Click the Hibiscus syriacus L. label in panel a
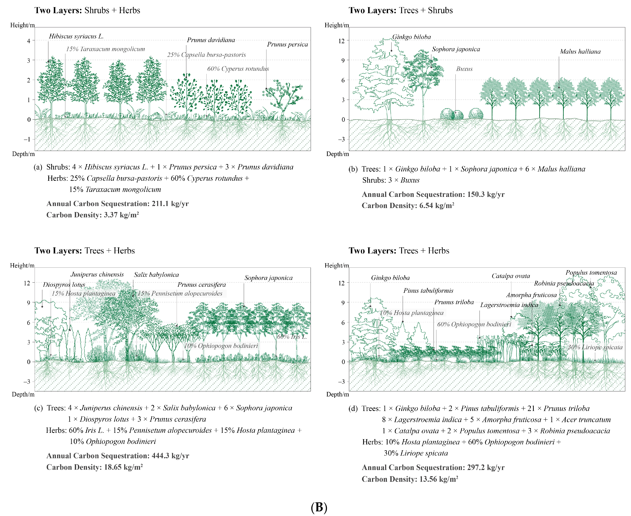pyautogui.click(x=76, y=36)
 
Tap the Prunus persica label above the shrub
pyautogui.click(x=287, y=44)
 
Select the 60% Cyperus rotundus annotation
pyautogui.click(x=238, y=69)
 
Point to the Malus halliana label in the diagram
pyautogui.click(x=580, y=51)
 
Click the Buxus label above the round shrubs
pyautogui.click(x=464, y=69)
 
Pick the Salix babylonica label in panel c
pyautogui.click(x=156, y=275)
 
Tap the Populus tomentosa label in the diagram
pyautogui.click(x=591, y=273)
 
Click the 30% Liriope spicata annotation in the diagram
pyautogui.click(x=595, y=347)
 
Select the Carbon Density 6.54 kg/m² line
pyautogui.click(x=408, y=206)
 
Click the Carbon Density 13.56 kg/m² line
pyautogui.click(x=410, y=479)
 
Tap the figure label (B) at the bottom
pyautogui.click(x=319, y=507)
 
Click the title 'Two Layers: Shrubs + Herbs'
pyautogui.click(x=87, y=10)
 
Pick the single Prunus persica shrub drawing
pyautogui.click(x=282, y=98)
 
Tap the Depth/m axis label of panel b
pyautogui.click(x=337, y=154)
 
